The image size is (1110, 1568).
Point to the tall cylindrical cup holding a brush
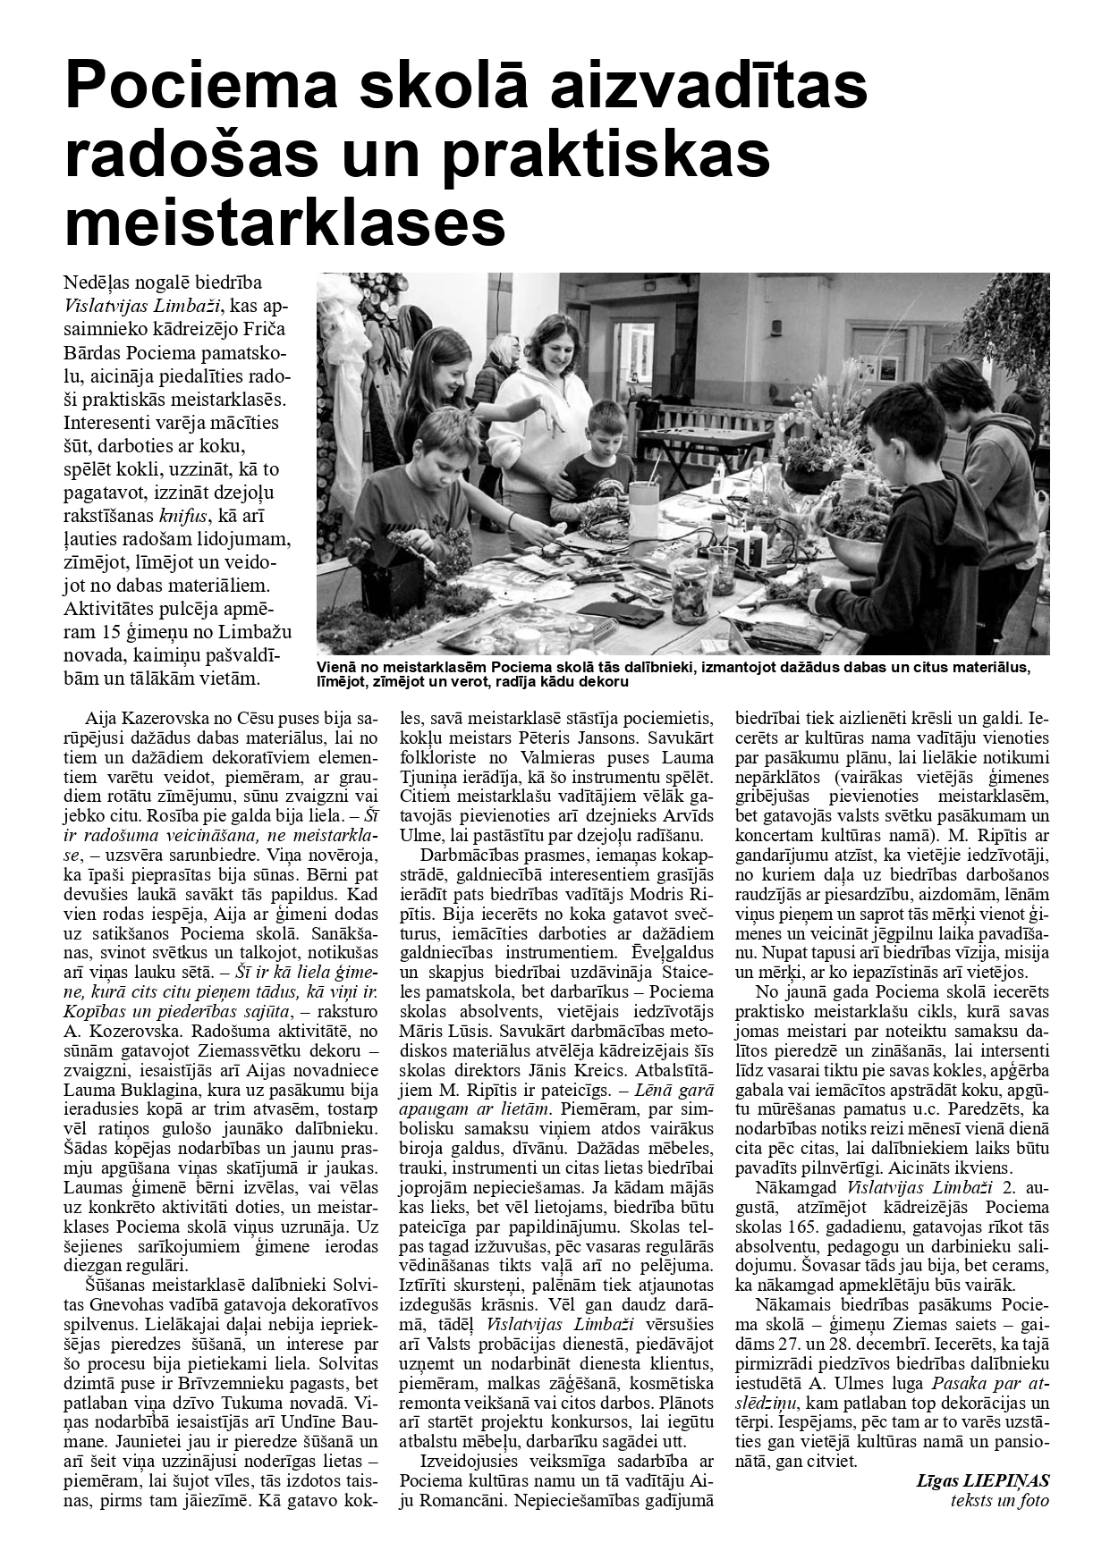(x=644, y=506)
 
